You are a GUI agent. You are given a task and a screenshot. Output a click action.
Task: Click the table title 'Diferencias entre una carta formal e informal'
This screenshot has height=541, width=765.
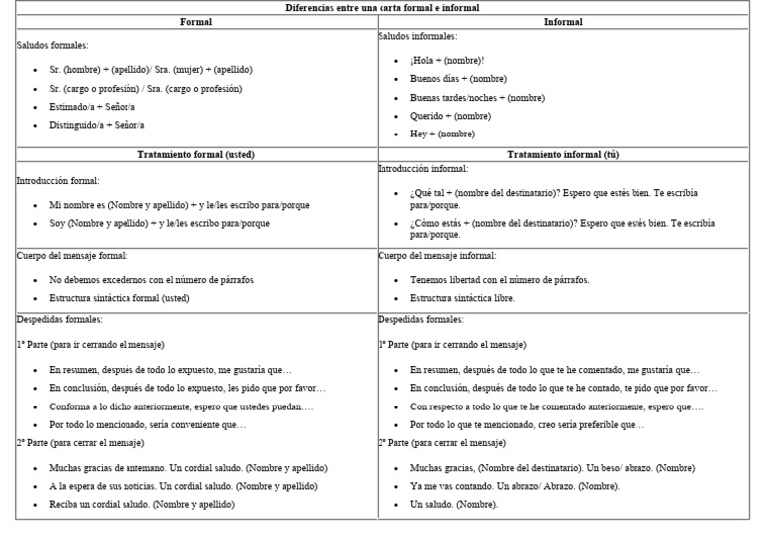382,8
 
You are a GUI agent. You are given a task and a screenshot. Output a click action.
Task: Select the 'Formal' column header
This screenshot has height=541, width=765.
196,22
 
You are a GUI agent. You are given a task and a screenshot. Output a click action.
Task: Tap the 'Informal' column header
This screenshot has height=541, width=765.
563,22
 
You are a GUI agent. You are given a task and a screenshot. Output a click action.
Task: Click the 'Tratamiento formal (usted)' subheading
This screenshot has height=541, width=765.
196,155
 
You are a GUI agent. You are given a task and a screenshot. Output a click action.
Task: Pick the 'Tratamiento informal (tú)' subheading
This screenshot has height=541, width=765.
563,155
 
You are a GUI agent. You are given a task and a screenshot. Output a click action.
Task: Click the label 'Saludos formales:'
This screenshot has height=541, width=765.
53,45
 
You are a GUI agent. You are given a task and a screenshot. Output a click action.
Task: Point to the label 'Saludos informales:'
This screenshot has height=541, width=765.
417,36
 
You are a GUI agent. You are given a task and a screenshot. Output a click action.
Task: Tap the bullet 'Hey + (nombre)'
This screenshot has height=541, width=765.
442,134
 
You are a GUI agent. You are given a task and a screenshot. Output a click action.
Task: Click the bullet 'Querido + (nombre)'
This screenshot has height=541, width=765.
450,116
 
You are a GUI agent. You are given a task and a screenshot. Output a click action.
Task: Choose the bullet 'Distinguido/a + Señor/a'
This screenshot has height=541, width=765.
97,126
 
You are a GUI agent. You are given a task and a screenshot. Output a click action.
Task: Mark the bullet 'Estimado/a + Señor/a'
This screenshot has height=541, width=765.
92,107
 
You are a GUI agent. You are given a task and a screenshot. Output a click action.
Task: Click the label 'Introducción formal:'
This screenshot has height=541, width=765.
58,181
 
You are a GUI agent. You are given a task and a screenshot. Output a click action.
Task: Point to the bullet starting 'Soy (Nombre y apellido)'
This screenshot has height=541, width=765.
159,224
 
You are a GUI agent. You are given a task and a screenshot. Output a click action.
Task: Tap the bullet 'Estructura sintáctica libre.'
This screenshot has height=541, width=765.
462,298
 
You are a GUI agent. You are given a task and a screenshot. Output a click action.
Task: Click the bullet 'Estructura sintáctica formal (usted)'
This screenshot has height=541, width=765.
119,298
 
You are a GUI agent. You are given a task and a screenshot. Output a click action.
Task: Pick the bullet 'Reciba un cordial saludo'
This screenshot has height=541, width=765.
142,505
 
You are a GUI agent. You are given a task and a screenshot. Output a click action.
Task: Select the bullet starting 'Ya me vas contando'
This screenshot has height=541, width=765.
514,486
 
